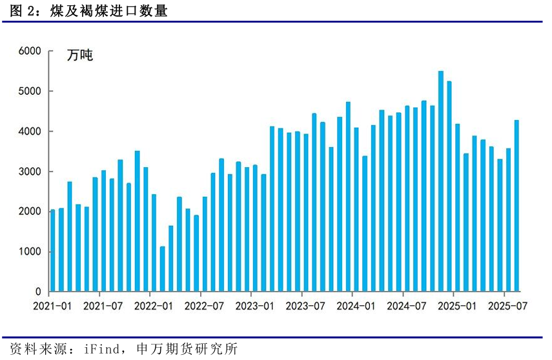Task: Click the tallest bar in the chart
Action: tap(441, 181)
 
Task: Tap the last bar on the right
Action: tap(516, 206)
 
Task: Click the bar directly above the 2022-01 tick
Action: tap(154, 243)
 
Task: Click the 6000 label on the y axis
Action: tap(30, 51)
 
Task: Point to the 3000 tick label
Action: tap(30, 172)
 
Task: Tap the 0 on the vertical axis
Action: tap(38, 292)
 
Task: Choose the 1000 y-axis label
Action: tap(30, 252)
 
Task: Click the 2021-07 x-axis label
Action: tap(103, 306)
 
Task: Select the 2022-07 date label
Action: tap(204, 306)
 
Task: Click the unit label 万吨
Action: tap(80, 55)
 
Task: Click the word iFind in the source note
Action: tap(99, 349)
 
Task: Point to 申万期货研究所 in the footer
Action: tap(187, 349)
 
